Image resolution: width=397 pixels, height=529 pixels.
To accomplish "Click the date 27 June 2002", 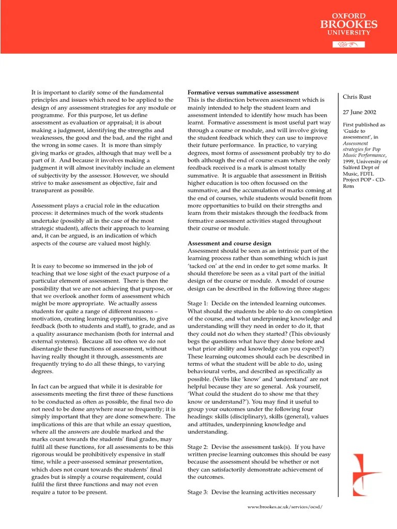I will click(x=360, y=112).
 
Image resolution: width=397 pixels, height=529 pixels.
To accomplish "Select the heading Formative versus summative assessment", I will click(x=243, y=92).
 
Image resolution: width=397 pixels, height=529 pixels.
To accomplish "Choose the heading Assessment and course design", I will click(x=229, y=243).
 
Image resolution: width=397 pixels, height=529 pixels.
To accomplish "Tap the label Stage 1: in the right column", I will click(x=198, y=304).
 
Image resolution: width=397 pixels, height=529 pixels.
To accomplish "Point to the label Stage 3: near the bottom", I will click(x=198, y=492).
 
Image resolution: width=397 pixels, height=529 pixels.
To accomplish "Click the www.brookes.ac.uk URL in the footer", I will click(x=285, y=507).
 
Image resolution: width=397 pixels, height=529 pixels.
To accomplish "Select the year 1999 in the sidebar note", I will click(x=350, y=162).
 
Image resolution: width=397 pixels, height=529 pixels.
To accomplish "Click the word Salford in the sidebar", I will click(x=353, y=168).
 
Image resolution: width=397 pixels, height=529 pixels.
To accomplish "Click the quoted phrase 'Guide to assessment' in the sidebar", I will click(x=357, y=134).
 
